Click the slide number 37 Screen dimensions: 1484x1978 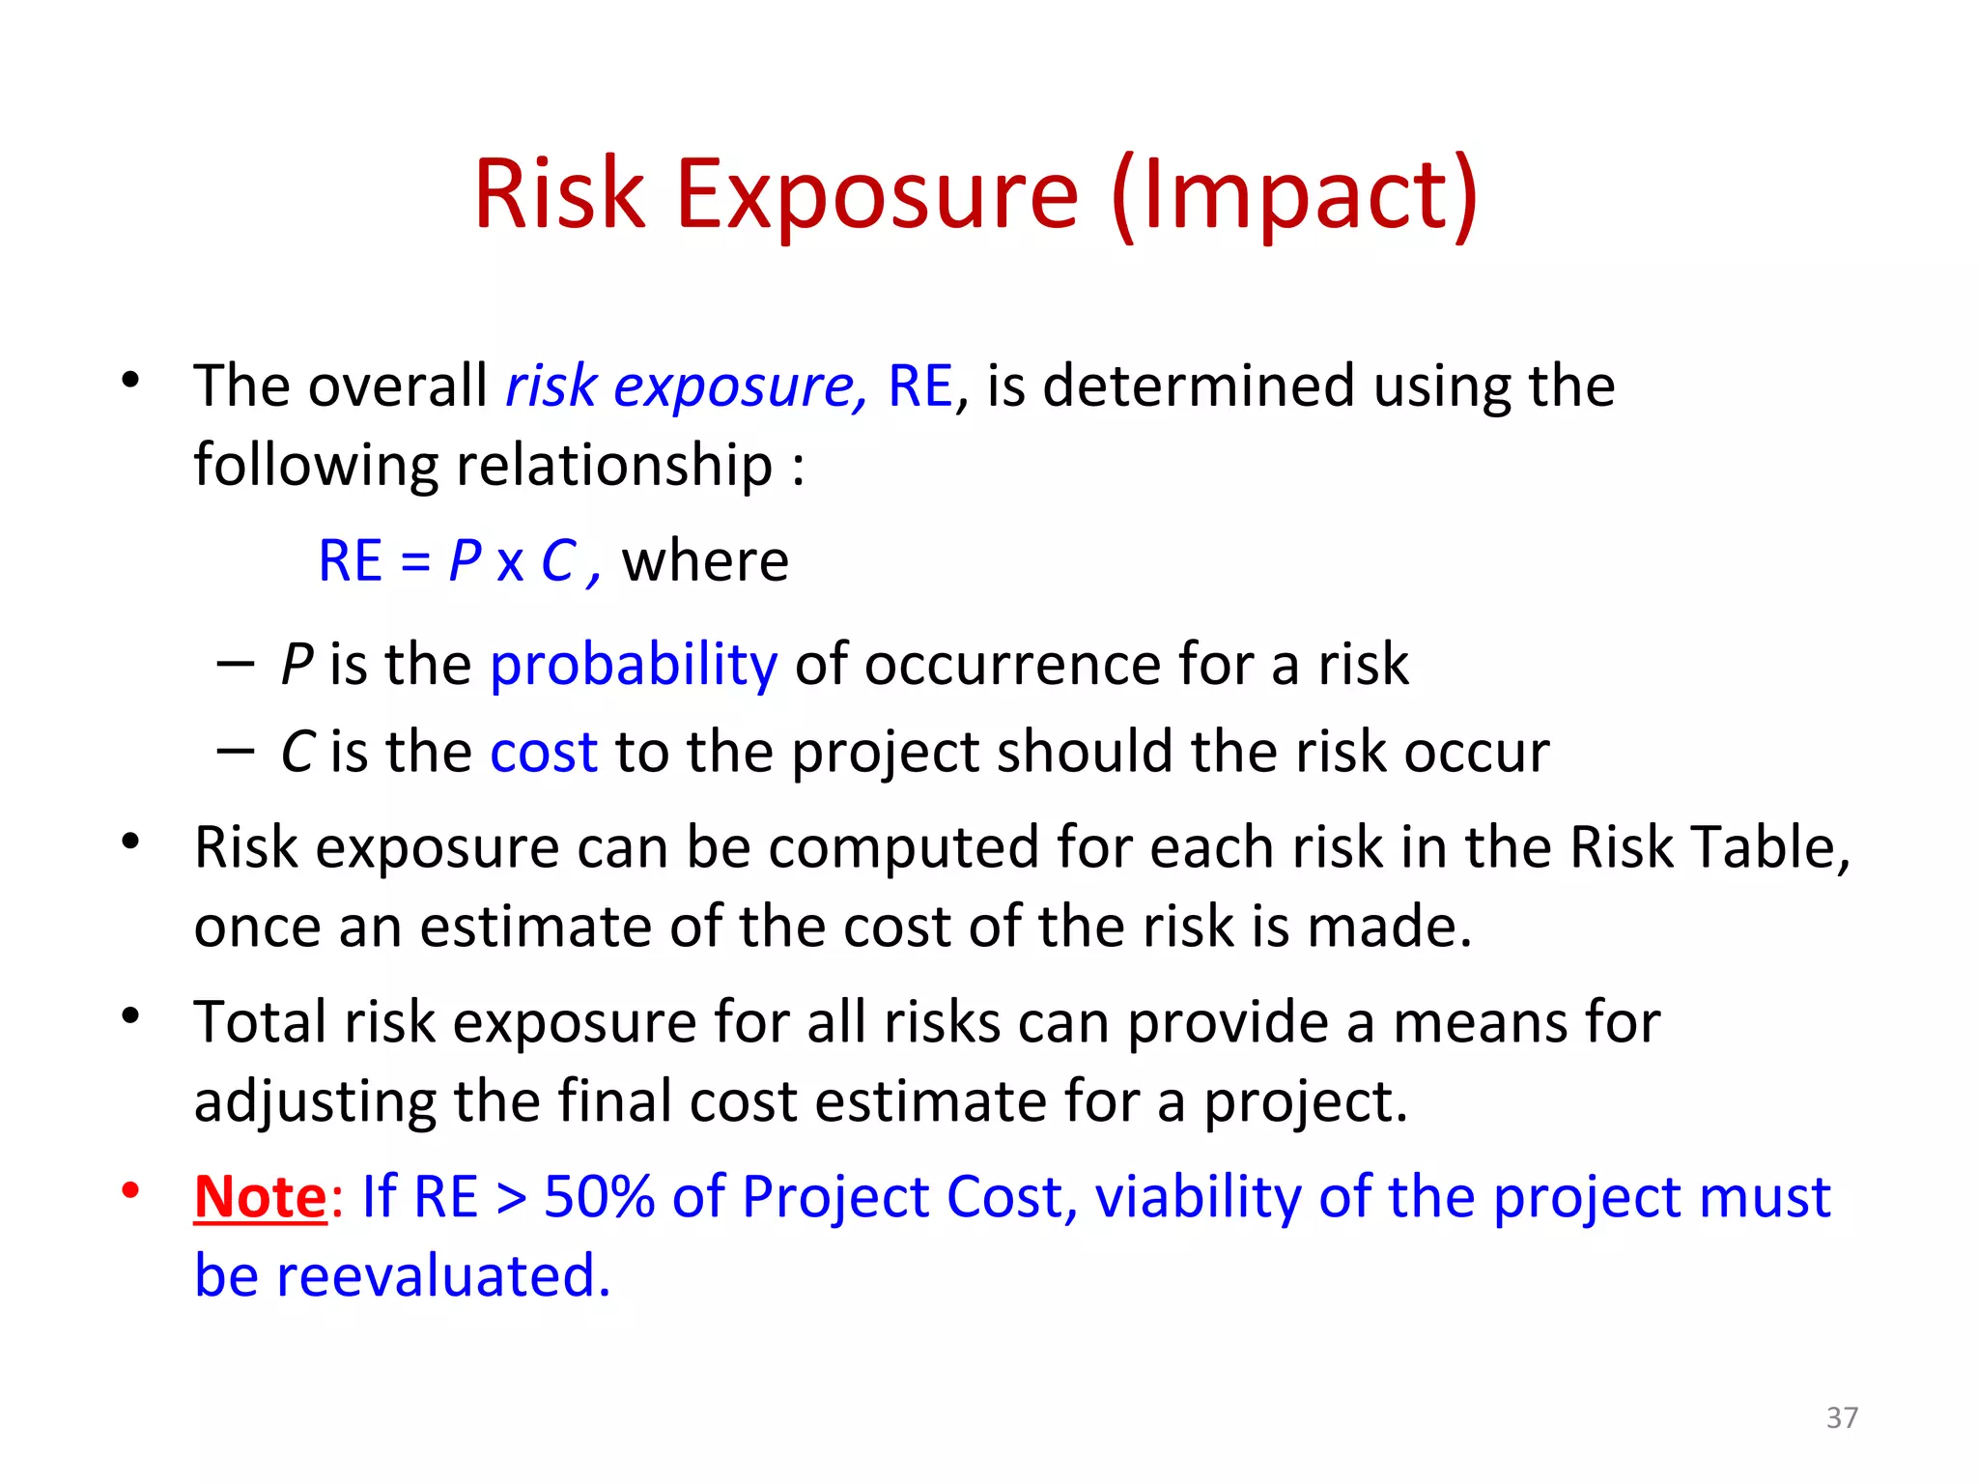[1842, 1417]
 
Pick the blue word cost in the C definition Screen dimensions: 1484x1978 [544, 752]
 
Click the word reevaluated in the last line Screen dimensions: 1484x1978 [443, 1275]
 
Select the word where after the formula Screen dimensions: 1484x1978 [705, 560]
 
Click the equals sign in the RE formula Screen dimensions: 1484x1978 [415, 562]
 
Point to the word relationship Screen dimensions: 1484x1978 [614, 465]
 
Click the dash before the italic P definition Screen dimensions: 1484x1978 [236, 665]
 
